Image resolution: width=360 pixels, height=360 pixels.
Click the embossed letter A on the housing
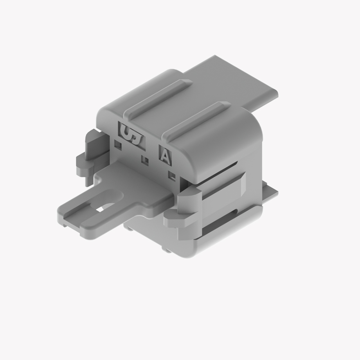pyautogui.click(x=164, y=155)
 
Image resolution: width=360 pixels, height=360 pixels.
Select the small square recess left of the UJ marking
pyautogui.click(x=118, y=144)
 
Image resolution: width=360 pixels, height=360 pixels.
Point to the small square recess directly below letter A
pyautogui.click(x=172, y=177)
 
